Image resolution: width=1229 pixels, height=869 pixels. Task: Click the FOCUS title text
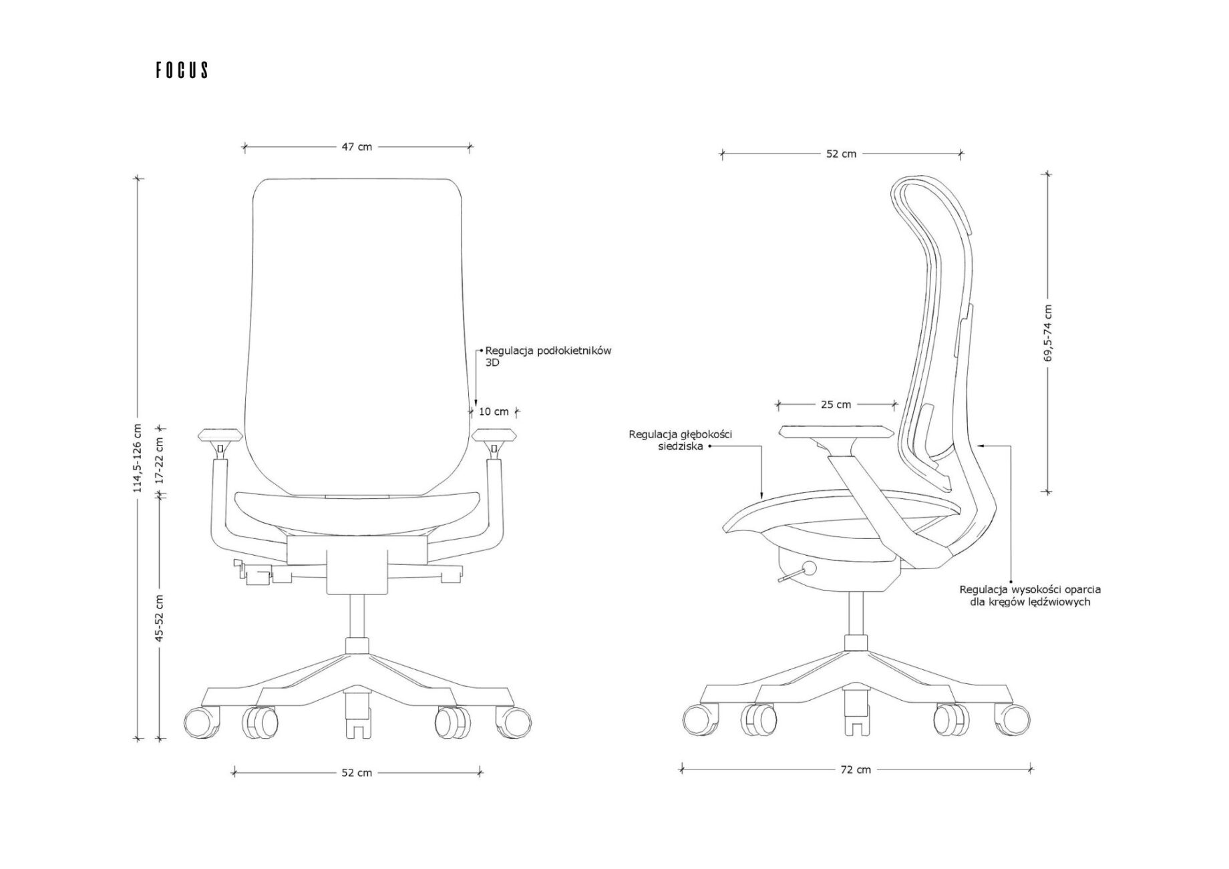coord(182,70)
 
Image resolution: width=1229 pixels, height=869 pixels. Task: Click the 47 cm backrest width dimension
coord(357,146)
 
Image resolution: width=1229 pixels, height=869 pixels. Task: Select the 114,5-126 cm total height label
coord(138,458)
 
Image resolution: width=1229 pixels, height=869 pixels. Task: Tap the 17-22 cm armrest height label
coord(159,462)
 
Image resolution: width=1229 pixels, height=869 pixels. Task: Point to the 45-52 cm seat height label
coord(159,618)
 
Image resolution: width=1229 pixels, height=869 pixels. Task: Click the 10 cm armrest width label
coord(494,411)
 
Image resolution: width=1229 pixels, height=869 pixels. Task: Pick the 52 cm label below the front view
coord(357,773)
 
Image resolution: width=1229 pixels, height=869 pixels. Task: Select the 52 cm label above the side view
coord(841,154)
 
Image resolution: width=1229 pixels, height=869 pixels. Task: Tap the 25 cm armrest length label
coord(836,404)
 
